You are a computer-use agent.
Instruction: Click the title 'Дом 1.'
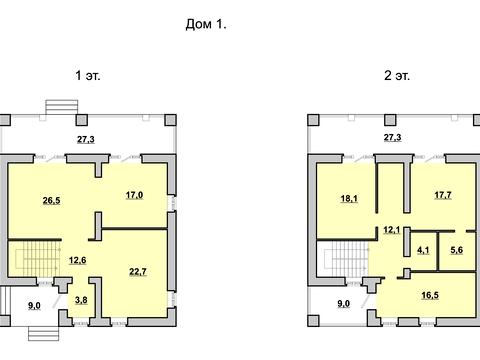point(206,24)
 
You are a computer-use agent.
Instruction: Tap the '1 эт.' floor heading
point(88,76)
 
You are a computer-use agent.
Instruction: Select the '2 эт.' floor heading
point(397,76)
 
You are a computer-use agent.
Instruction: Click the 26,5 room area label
point(51,201)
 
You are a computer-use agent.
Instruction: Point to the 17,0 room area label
point(134,195)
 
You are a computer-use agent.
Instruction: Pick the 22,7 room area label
point(138,272)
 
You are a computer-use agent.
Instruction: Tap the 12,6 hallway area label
point(77,260)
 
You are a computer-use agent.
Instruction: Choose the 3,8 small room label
point(81,300)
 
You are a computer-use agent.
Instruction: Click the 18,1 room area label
point(349,199)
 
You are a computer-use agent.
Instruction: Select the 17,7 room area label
point(443,195)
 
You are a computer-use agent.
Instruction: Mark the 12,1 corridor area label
point(392,230)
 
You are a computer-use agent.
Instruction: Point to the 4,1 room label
point(423,250)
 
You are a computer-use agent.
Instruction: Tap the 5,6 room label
point(457,250)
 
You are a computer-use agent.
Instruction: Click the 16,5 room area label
point(430,295)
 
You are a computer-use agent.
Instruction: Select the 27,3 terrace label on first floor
point(86,139)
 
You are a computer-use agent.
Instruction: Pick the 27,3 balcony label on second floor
point(392,137)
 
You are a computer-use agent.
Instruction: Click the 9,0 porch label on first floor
point(34,305)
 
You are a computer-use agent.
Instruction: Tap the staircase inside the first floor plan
point(38,259)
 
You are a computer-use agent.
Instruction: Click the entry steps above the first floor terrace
point(62,107)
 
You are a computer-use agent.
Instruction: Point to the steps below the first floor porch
point(44,334)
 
